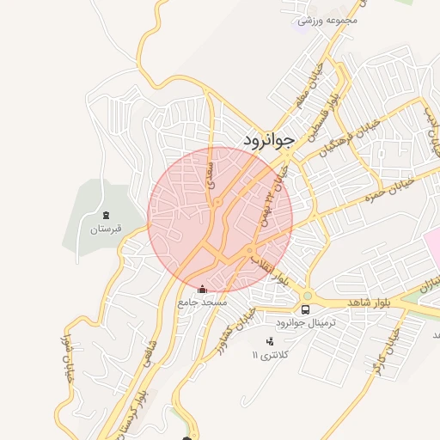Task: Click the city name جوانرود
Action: (x=268, y=138)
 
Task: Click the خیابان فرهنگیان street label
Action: (x=344, y=135)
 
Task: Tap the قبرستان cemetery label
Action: (x=107, y=229)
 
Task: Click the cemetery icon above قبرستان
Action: (x=107, y=214)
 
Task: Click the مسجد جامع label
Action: (x=203, y=302)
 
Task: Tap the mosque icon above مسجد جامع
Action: (x=203, y=290)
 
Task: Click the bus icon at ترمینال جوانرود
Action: (x=305, y=309)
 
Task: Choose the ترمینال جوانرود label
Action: (x=305, y=323)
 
